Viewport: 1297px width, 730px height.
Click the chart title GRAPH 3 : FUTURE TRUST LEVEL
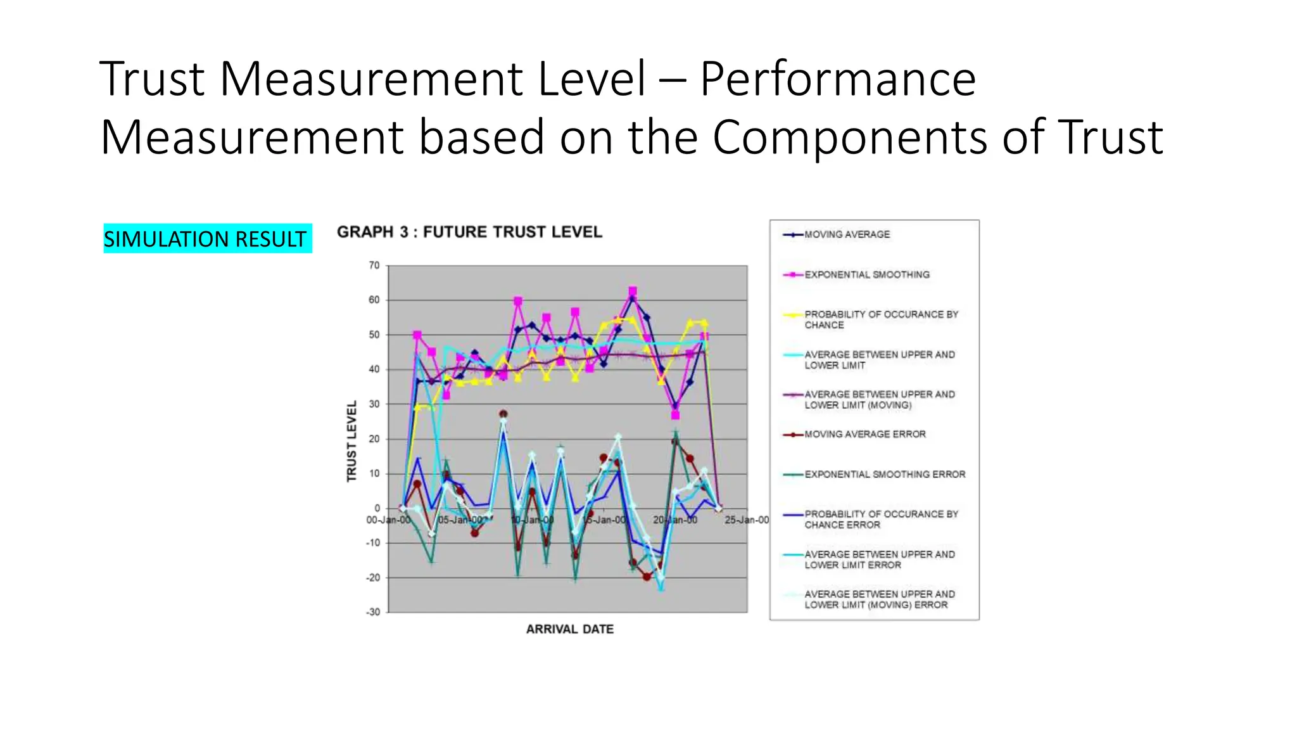469,232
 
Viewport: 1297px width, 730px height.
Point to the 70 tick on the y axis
374,266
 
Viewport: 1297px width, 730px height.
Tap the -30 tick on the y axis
373,612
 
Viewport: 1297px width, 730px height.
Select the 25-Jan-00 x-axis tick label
747,520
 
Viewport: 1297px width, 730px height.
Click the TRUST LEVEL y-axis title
351,441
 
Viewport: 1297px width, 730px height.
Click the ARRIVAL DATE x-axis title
569,629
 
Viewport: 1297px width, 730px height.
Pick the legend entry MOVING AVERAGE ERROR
864,434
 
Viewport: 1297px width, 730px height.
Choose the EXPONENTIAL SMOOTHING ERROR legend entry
884,474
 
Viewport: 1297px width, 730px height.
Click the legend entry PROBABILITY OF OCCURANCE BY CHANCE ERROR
881,519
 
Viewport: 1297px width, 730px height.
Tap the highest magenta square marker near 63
632,291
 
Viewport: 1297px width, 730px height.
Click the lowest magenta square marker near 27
675,415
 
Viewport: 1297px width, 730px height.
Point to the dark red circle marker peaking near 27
503,414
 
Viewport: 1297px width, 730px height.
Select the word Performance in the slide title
837,79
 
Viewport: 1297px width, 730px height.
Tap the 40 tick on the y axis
374,369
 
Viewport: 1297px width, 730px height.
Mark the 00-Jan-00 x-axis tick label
388,520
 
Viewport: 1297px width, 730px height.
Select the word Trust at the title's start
152,79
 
